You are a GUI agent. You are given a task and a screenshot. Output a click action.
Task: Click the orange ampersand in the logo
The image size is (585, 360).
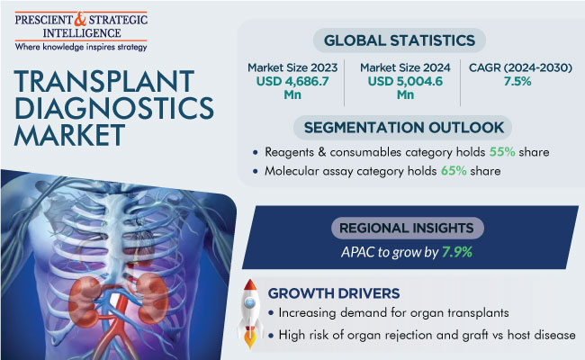(80, 19)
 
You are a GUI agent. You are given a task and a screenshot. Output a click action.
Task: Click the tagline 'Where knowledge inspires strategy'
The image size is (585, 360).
(81, 47)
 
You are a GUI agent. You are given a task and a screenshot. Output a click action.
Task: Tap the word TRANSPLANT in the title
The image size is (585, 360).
(104, 81)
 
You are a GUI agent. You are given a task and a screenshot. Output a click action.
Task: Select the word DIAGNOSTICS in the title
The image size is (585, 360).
(113, 108)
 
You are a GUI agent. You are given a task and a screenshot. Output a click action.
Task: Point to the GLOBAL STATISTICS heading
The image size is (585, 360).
(400, 40)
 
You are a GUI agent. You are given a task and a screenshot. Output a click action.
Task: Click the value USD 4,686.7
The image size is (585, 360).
(292, 81)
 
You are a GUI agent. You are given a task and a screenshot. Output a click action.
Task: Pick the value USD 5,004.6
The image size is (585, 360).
(405, 81)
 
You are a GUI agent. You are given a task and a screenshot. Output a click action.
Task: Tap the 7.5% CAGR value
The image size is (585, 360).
(517, 81)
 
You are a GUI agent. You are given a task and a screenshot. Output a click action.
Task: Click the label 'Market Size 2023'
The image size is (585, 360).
(292, 67)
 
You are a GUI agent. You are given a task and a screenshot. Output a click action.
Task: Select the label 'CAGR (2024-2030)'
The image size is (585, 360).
(520, 67)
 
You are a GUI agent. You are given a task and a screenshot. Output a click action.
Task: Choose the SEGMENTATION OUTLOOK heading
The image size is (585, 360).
(404, 128)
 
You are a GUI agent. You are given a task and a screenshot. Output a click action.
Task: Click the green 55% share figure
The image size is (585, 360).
(502, 152)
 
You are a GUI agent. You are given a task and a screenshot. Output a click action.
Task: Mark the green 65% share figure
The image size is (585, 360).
(454, 171)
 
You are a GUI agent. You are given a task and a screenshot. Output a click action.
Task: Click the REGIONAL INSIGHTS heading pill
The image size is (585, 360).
(408, 228)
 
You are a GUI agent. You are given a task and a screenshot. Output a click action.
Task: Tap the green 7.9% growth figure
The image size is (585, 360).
(457, 252)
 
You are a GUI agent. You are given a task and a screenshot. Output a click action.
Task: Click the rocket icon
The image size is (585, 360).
(250, 312)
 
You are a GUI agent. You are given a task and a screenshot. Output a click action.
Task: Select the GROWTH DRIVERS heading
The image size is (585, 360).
(334, 293)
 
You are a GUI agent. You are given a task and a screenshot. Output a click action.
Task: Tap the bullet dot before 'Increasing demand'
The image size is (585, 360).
(271, 313)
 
